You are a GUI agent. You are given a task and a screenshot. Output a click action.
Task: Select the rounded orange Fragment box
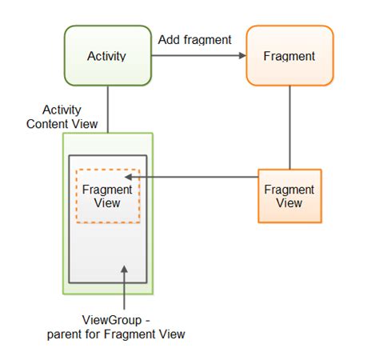[x=289, y=56]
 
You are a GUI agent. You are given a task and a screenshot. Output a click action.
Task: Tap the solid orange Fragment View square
[x=289, y=196]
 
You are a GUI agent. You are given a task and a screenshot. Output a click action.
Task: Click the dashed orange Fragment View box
[x=107, y=196]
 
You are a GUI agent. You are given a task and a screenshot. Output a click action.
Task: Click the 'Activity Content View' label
[x=62, y=116]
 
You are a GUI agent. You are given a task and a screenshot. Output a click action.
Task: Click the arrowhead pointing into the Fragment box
[x=240, y=56]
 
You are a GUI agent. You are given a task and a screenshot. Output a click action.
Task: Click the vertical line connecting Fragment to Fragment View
[x=289, y=128]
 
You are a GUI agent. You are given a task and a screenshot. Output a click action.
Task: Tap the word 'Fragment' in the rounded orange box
[x=289, y=56]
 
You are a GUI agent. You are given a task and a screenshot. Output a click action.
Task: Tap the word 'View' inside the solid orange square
[x=289, y=203]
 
